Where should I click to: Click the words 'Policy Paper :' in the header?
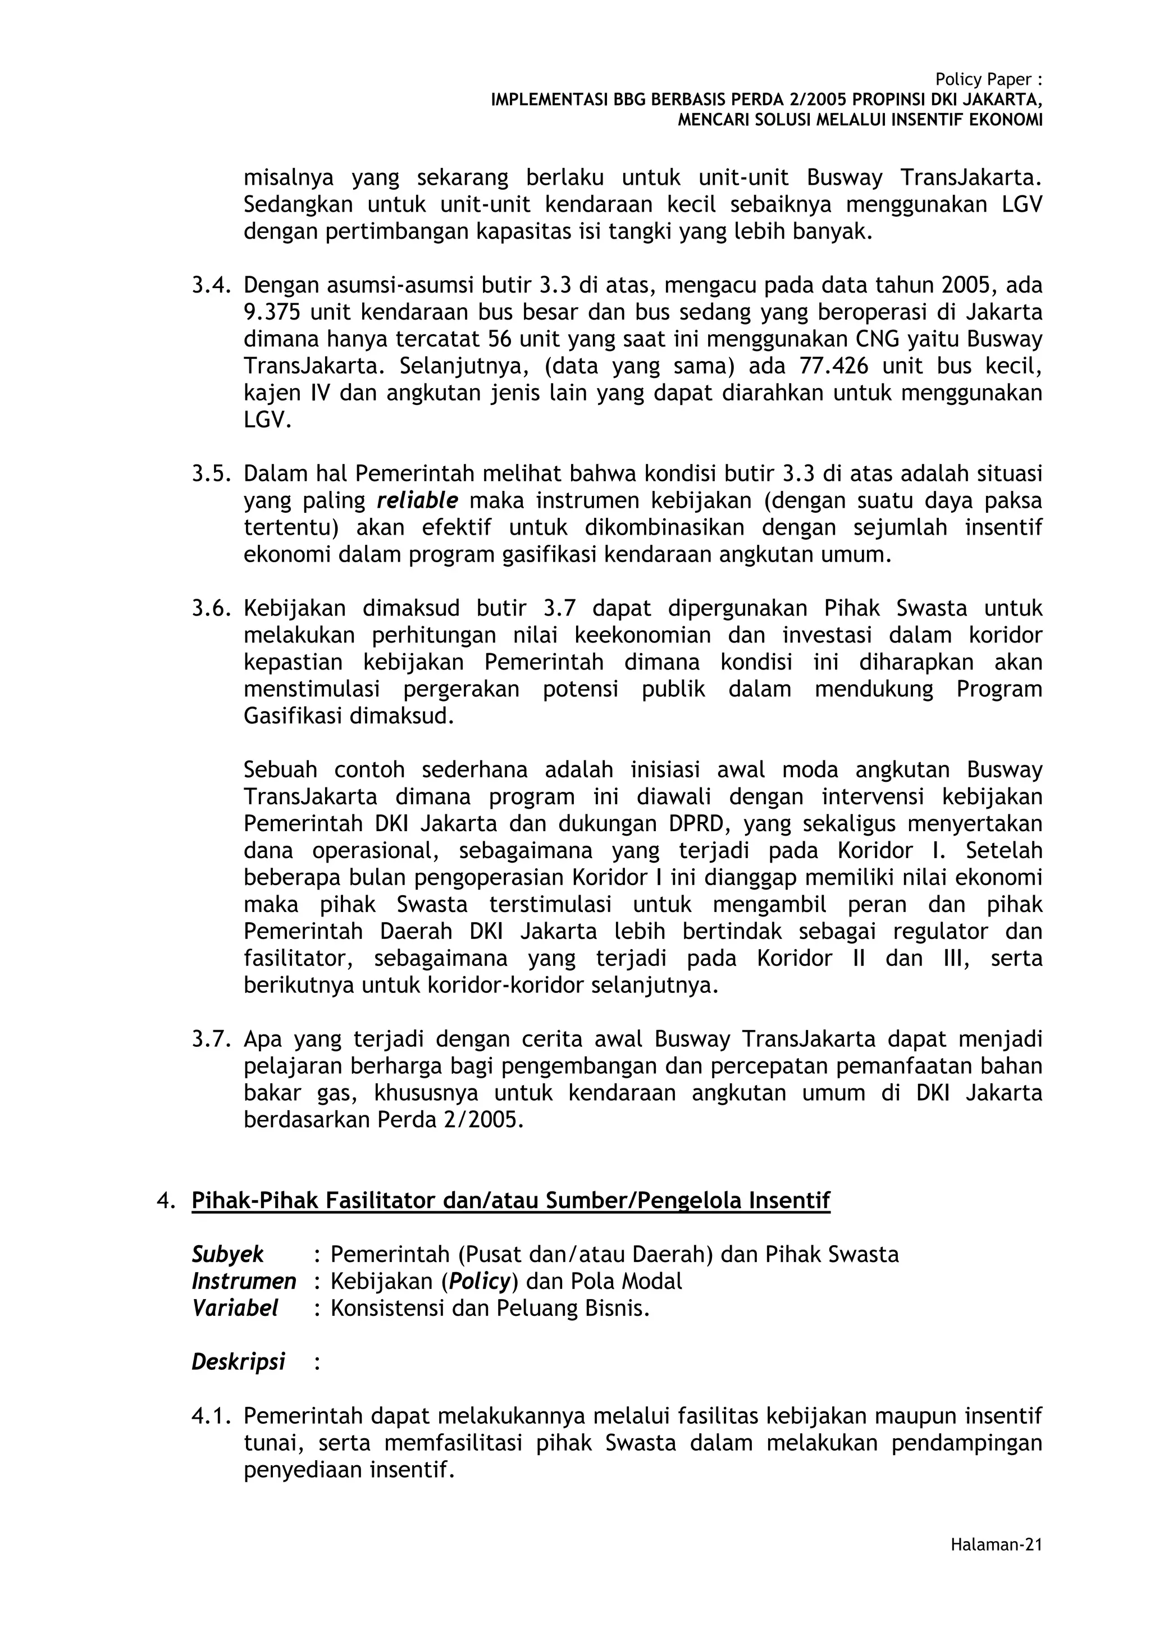(988, 79)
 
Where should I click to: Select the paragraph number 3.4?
(211, 285)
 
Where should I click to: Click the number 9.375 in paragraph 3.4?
(271, 312)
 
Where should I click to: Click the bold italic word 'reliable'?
(417, 501)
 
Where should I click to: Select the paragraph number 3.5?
(211, 473)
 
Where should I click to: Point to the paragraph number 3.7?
(211, 1040)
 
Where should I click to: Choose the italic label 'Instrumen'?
(243, 1281)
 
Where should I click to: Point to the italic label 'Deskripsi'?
(238, 1362)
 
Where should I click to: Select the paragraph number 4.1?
(211, 1416)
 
